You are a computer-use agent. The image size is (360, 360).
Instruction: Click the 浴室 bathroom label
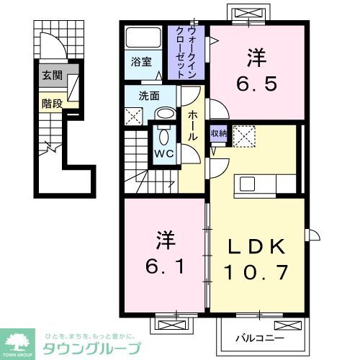(x=141, y=62)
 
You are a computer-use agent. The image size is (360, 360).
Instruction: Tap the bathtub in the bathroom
(x=144, y=38)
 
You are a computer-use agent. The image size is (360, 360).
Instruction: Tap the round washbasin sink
(x=166, y=114)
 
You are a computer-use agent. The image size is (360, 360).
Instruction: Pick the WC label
(x=163, y=153)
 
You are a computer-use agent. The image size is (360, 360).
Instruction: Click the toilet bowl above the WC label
(x=163, y=136)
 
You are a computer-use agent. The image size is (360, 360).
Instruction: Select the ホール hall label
(x=193, y=126)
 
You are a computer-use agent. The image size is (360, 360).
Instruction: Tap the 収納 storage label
(x=218, y=133)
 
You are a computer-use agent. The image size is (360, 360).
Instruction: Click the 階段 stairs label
(x=51, y=103)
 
